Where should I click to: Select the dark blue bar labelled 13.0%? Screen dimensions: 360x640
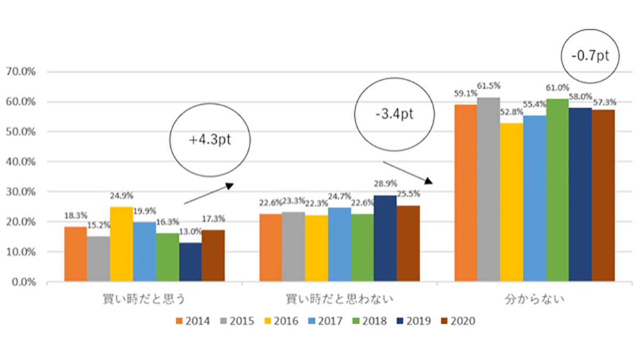(190, 262)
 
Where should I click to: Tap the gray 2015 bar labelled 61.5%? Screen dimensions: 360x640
(489, 189)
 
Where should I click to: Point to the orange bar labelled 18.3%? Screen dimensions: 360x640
(76, 254)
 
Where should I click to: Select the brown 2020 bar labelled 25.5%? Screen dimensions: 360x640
(408, 243)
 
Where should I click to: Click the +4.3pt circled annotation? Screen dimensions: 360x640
(211, 140)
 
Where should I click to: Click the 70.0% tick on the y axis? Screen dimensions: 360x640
(20, 71)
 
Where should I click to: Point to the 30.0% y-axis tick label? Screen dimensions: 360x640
(20, 191)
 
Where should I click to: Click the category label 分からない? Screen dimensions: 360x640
(534, 300)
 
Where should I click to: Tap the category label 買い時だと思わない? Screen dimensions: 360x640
(340, 300)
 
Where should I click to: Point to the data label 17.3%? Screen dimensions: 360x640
(213, 219)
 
